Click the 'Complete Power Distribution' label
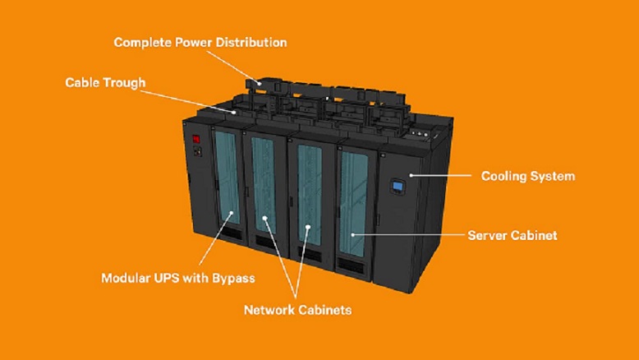coord(200,41)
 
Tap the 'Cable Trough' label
coord(105,83)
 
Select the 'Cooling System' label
coord(527,176)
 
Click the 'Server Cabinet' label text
coord(512,235)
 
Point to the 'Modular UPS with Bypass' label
coord(177,278)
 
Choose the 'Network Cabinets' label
coord(297,310)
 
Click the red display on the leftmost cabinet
coord(196,138)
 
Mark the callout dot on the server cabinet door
coord(355,235)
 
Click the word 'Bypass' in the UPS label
coord(234,278)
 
